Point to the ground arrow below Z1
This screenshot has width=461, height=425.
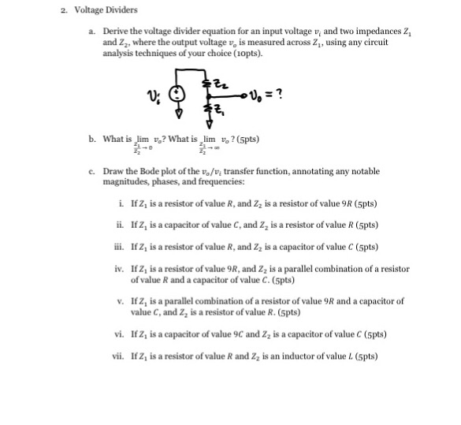click(207, 123)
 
